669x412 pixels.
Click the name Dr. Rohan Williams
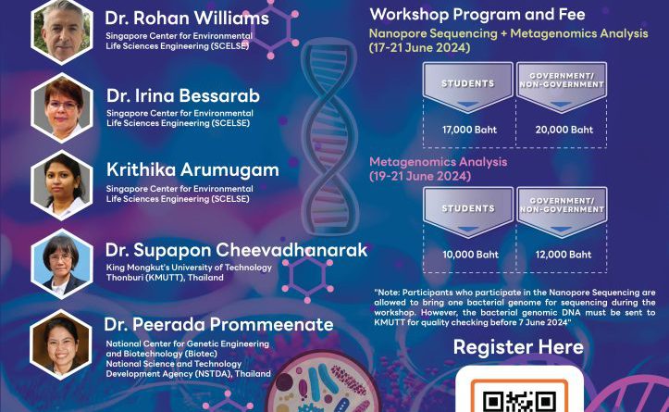click(x=187, y=19)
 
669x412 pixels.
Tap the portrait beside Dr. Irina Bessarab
click(x=62, y=107)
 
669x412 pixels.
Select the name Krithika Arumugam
click(x=192, y=170)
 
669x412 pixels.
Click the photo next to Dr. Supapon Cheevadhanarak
click(x=62, y=264)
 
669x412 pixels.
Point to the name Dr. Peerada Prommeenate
click(x=219, y=324)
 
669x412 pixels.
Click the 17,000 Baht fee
click(x=469, y=130)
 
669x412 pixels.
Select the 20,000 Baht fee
click(x=564, y=130)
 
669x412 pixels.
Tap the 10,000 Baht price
click(x=470, y=255)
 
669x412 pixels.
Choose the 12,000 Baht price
click(x=564, y=255)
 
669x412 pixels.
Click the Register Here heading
click(x=518, y=347)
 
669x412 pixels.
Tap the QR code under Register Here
click(x=519, y=397)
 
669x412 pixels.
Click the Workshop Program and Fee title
click(x=477, y=15)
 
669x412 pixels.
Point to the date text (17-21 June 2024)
click(x=419, y=47)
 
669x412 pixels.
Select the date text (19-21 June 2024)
click(x=420, y=176)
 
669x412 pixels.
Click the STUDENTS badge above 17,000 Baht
click(x=468, y=87)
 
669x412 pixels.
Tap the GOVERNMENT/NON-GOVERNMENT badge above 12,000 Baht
click(x=562, y=212)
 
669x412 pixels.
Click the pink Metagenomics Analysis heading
click(x=439, y=162)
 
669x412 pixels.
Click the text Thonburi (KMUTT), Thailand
click(x=165, y=278)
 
